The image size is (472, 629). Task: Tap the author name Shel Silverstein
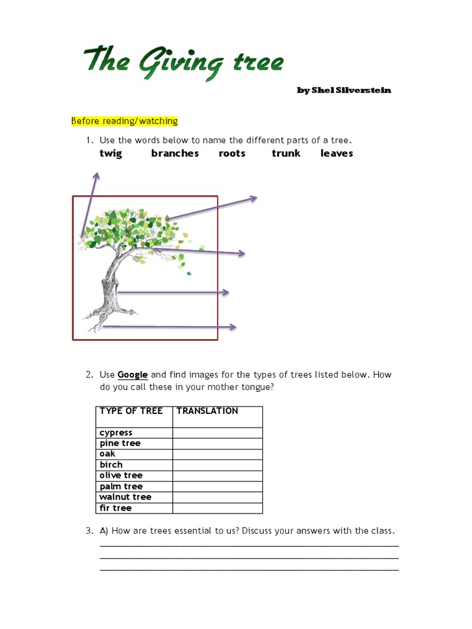click(x=344, y=90)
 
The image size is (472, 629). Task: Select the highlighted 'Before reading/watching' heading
click(x=124, y=121)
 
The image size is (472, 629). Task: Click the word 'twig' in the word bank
click(x=111, y=154)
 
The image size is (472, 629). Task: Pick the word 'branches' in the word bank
click(x=175, y=154)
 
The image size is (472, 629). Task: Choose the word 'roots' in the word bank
click(x=232, y=154)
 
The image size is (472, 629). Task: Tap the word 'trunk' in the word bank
click(x=286, y=154)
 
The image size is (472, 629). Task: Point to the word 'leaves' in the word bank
click(x=336, y=154)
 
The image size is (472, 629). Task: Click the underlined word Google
click(x=132, y=375)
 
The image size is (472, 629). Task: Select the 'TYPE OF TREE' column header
click(x=131, y=411)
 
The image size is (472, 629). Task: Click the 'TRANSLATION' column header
click(x=207, y=411)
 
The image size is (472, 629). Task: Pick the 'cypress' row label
click(x=116, y=432)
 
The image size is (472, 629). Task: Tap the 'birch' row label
click(x=111, y=465)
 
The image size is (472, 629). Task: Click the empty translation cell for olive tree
click(x=217, y=475)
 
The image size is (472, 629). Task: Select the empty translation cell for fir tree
click(x=217, y=508)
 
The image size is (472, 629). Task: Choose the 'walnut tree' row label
click(x=125, y=497)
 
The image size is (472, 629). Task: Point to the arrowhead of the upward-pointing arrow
click(x=96, y=176)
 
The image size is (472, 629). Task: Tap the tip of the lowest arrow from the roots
click(x=235, y=327)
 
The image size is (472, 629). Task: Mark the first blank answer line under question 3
click(x=249, y=545)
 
